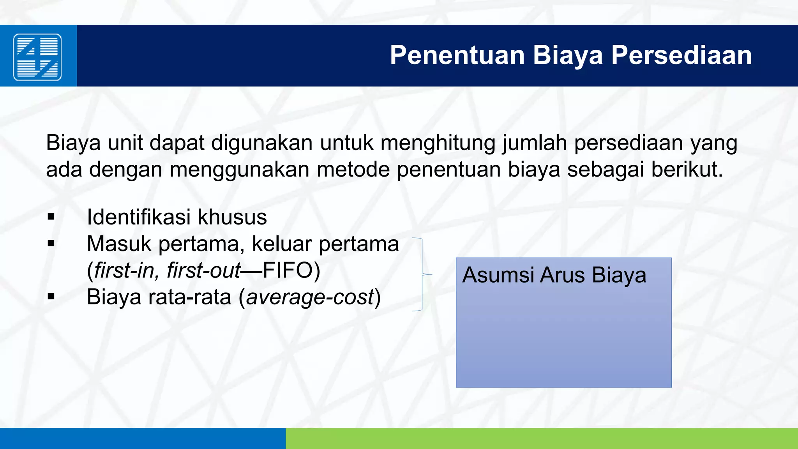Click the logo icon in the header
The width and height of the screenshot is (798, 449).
pos(37,57)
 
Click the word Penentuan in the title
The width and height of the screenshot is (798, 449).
pos(457,55)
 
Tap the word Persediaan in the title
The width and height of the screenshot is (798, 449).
pos(681,55)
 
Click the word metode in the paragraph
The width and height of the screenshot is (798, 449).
pos(353,170)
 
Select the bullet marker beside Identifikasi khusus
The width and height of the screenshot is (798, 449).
pos(51,217)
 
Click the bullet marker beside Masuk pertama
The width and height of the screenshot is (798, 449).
pos(51,244)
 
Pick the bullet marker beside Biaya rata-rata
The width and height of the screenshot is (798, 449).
pos(51,297)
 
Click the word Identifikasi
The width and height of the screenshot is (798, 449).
pos(139,217)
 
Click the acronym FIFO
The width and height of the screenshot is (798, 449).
pos(288,270)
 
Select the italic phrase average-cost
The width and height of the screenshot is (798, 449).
pos(310,297)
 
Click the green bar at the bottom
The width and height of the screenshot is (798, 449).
pos(542,438)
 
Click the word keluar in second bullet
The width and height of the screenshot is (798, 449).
pos(282,244)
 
